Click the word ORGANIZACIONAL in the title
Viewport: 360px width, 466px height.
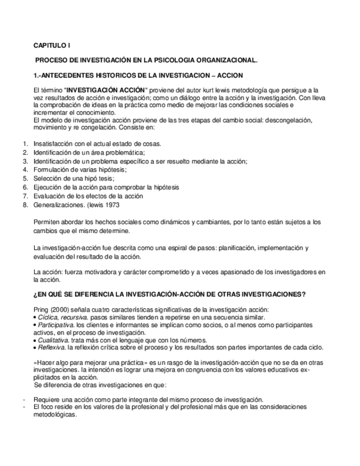click(226, 60)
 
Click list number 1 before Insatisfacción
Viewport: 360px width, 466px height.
click(25, 144)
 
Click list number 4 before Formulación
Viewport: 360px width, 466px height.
click(25, 170)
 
